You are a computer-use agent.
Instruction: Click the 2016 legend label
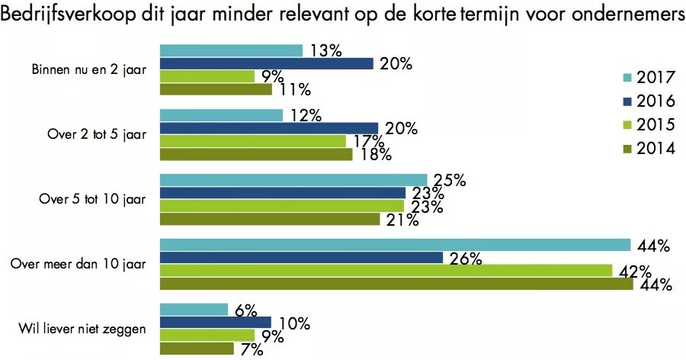pos(656,101)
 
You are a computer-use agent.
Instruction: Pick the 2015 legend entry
pos(656,125)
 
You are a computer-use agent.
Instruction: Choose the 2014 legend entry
pos(656,149)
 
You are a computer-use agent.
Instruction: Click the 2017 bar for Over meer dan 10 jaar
pos(395,245)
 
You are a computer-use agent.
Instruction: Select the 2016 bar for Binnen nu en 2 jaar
pos(266,63)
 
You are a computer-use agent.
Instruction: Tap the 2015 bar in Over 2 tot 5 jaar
pos(252,141)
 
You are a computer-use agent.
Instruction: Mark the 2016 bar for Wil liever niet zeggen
pos(215,323)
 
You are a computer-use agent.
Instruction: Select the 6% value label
pos(246,310)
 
